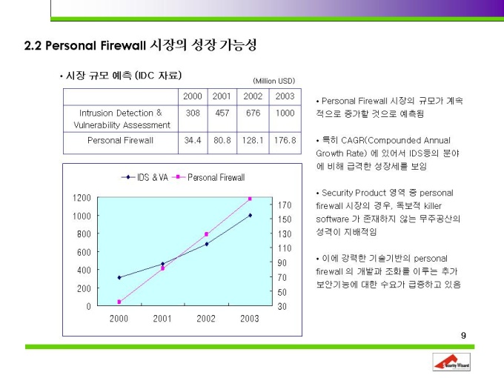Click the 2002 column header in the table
pyautogui.click(x=253, y=96)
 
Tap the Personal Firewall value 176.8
pyautogui.click(x=285, y=140)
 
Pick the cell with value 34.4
pyautogui.click(x=193, y=140)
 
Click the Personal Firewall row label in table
pyautogui.click(x=120, y=140)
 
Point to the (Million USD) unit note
pyautogui.click(x=273, y=81)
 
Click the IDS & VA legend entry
pyautogui.click(x=145, y=177)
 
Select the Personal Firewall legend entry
pyautogui.click(x=208, y=177)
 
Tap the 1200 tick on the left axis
pyautogui.click(x=82, y=198)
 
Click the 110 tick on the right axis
pyautogui.click(x=285, y=248)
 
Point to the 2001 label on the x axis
pyautogui.click(x=162, y=319)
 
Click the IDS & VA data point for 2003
pyautogui.click(x=251, y=216)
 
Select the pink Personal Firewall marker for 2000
pyautogui.click(x=119, y=302)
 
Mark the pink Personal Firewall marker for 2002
pyautogui.click(x=206, y=234)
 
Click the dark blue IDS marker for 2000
pyautogui.click(x=119, y=277)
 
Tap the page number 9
pyautogui.click(x=463, y=336)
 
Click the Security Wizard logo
pyautogui.click(x=451, y=362)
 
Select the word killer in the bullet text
pyautogui.click(x=433, y=206)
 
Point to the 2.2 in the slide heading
pyautogui.click(x=33, y=45)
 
